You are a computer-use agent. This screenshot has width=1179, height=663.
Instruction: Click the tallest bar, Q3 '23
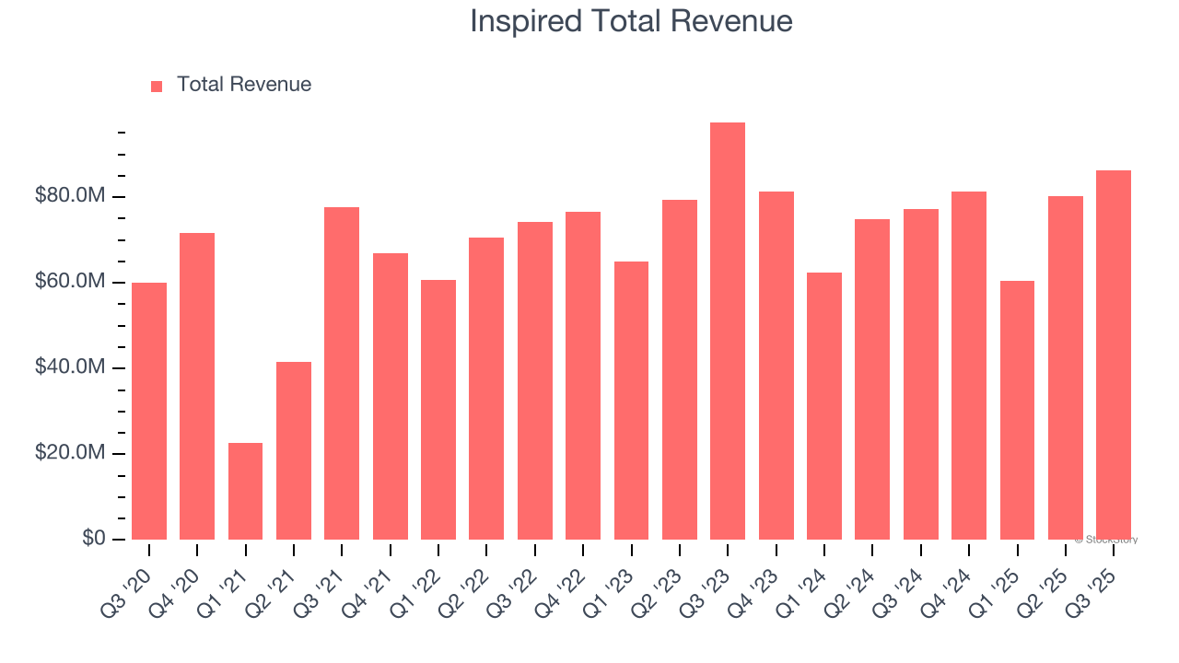click(x=728, y=331)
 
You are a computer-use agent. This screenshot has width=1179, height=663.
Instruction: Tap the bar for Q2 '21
click(x=294, y=450)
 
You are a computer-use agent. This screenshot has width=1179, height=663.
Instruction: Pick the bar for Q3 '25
click(x=1114, y=355)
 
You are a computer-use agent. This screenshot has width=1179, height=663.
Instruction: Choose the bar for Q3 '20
click(x=149, y=411)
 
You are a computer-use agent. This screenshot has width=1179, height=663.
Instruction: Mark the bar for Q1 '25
click(x=1017, y=410)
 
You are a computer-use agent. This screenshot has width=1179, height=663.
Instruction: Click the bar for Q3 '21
click(x=342, y=373)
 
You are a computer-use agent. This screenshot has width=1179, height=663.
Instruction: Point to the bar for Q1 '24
click(x=824, y=405)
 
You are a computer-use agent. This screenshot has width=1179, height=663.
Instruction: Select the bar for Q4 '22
click(x=583, y=376)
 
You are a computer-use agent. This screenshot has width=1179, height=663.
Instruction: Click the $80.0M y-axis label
click(x=70, y=196)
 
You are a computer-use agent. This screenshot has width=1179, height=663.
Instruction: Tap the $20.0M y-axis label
click(x=70, y=453)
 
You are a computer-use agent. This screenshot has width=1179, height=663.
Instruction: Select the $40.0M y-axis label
click(x=70, y=367)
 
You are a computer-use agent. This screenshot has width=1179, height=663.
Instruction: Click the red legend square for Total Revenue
click(x=157, y=86)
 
